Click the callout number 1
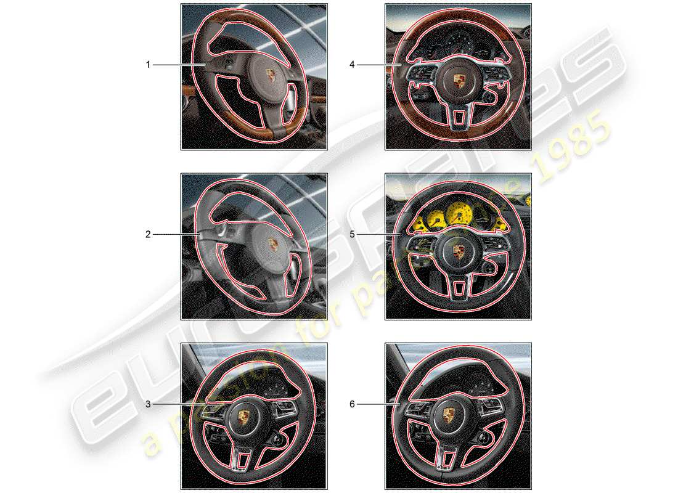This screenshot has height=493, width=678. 148,64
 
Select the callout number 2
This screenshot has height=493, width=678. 148,234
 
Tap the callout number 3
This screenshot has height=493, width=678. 148,404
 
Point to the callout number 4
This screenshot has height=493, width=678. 353,64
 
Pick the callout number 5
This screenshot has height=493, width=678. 353,234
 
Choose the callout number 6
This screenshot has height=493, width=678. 353,404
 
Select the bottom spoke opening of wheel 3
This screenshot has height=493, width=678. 245,459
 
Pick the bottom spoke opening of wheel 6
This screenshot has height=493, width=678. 449,459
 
